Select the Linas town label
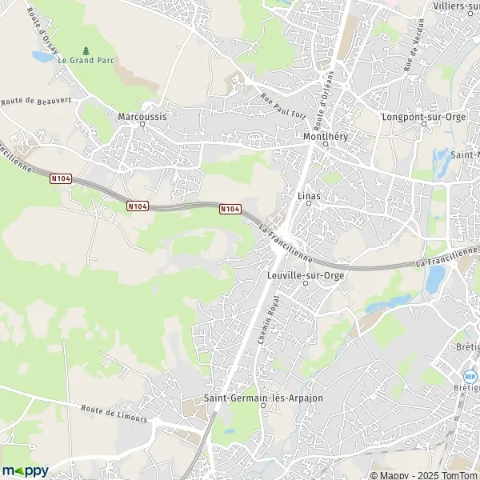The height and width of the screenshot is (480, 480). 308,194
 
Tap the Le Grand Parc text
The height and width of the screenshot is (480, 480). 86,60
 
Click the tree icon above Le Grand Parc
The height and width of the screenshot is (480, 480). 86,50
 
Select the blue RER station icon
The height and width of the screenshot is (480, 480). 470,376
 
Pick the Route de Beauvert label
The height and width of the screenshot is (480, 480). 32,102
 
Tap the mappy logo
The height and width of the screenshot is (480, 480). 26,470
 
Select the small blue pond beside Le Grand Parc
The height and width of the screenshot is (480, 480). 42,58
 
